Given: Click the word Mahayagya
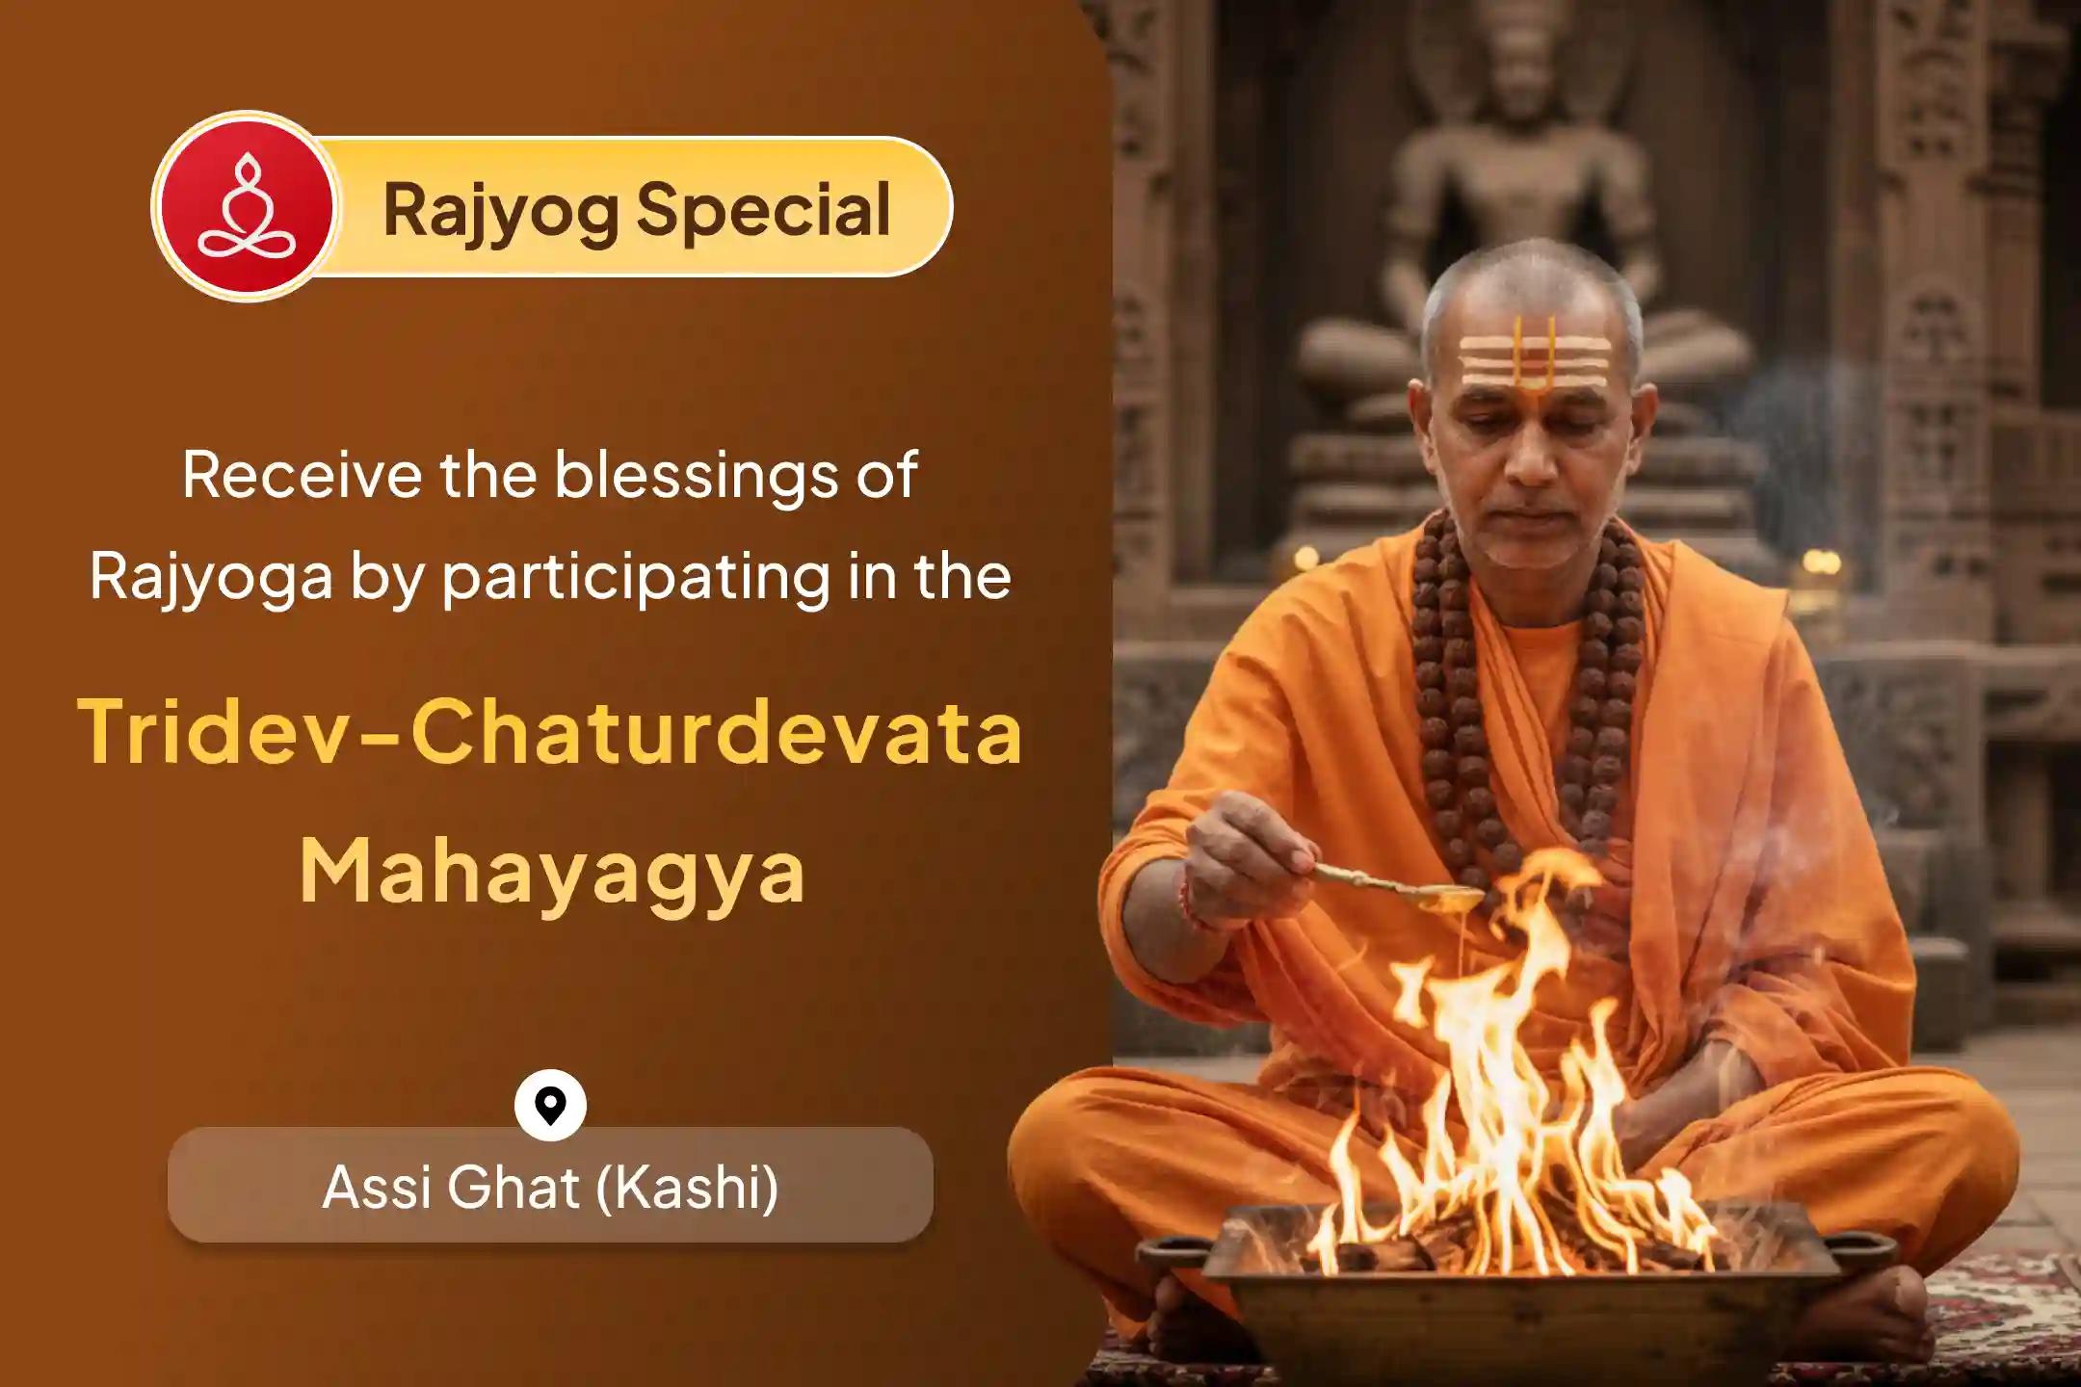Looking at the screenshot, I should [551, 873].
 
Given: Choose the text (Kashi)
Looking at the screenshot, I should [687, 1187].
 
